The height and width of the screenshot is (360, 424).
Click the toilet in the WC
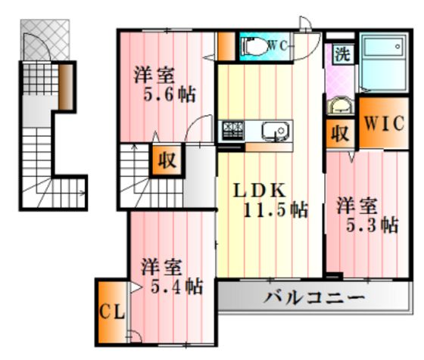[x=255, y=46]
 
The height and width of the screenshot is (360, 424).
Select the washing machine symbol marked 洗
[x=343, y=54]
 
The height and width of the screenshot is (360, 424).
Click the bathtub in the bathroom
[x=384, y=61]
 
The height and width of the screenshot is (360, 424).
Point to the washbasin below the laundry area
[x=341, y=106]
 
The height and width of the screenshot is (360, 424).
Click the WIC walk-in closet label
[x=384, y=123]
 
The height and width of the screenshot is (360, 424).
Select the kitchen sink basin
[x=276, y=131]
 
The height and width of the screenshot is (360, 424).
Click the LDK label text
[x=259, y=190]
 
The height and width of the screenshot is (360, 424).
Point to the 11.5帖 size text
[x=276, y=209]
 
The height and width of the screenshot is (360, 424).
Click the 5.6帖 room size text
[x=169, y=95]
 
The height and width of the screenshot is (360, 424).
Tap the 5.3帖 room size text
[x=372, y=225]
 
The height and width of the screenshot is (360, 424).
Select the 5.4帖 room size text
[x=176, y=287]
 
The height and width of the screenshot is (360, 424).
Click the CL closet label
[x=112, y=312]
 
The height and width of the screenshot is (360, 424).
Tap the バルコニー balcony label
[x=314, y=297]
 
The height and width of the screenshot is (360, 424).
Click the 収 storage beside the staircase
[x=167, y=160]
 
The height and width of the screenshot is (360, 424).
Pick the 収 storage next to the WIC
[x=340, y=133]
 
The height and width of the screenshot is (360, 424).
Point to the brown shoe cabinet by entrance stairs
[x=66, y=87]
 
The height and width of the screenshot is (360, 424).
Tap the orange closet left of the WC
[x=226, y=46]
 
